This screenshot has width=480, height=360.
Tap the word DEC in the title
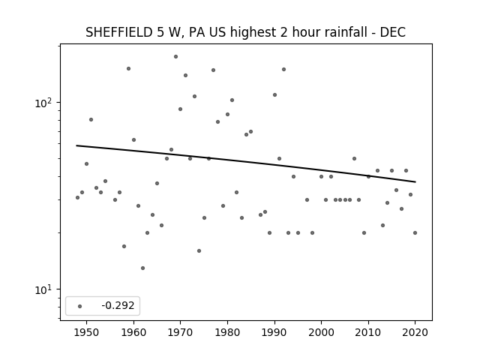[393, 32]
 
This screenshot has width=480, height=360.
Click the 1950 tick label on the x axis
[87, 332]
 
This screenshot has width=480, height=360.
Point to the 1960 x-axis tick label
[133, 332]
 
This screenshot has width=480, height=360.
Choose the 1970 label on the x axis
[181, 332]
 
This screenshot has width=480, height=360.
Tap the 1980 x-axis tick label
[227, 332]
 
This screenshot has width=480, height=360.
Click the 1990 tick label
[274, 332]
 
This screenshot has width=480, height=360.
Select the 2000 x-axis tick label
[322, 332]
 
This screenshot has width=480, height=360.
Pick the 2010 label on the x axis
[368, 332]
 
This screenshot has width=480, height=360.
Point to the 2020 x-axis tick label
[415, 332]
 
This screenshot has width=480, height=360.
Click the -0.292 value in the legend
[118, 305]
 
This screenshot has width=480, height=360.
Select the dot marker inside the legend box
[80, 306]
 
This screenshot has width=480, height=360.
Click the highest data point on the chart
[175, 57]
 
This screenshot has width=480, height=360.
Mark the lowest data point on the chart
[142, 268]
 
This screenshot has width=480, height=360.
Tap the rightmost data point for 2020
[415, 233]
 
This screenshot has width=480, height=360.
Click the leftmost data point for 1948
[77, 198]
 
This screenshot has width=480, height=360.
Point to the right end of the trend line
[415, 181]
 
